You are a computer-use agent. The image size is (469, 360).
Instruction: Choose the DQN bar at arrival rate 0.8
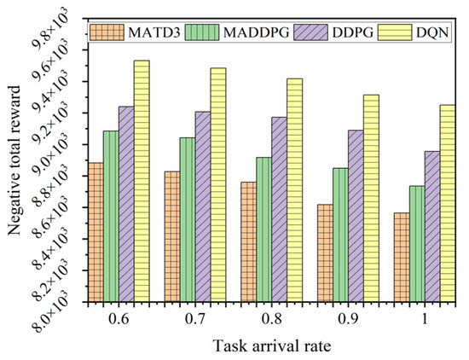(x=295, y=190)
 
